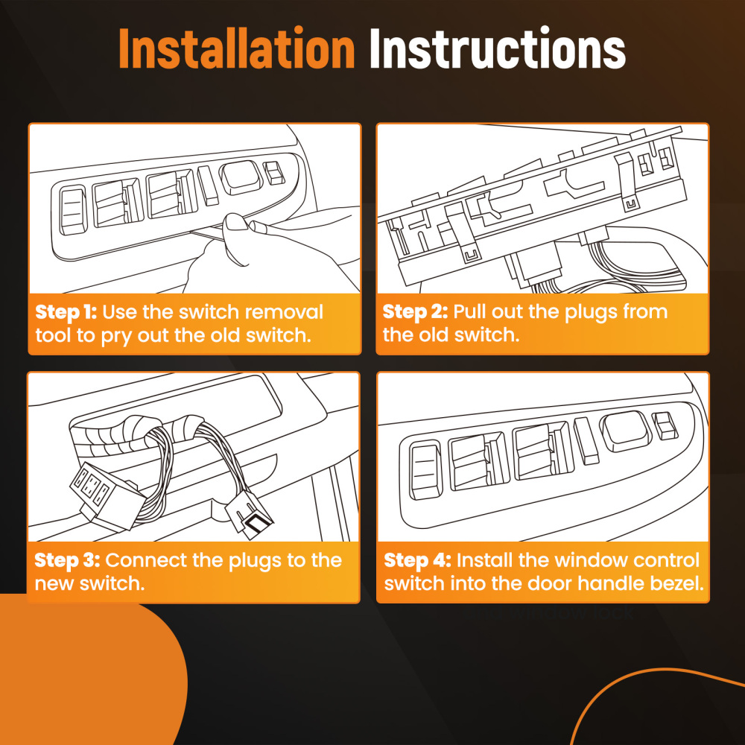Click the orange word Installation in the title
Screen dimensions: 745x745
click(237, 48)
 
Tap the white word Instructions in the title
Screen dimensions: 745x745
click(498, 48)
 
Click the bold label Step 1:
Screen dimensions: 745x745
click(66, 312)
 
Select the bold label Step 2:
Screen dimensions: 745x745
click(415, 311)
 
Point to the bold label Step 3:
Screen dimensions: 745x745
click(67, 561)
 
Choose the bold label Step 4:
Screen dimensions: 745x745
click(418, 561)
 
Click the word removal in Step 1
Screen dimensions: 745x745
click(284, 312)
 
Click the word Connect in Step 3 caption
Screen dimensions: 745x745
click(147, 561)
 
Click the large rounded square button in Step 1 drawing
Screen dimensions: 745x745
click(241, 177)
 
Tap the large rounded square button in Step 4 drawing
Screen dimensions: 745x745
click(627, 431)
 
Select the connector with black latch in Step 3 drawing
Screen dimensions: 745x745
click(249, 516)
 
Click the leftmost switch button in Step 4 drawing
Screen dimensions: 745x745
click(425, 470)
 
